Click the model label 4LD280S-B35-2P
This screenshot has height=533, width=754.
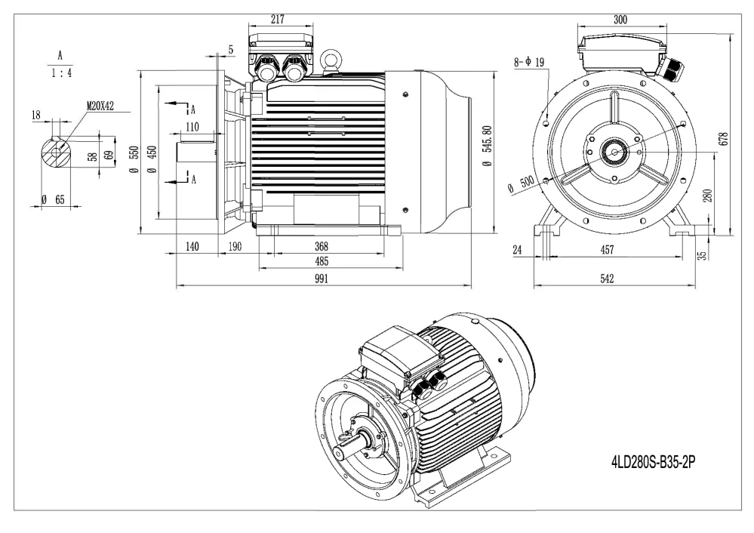coord(653,462)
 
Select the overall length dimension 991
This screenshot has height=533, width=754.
coord(322,279)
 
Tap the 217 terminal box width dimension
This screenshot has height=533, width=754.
coord(278,19)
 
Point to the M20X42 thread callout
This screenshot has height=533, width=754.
coord(100,106)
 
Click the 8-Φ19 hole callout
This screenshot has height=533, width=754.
coord(529,62)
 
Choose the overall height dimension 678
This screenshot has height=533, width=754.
coord(725,139)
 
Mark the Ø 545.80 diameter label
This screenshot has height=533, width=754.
coord(487,146)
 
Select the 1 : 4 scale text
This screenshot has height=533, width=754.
coord(61,73)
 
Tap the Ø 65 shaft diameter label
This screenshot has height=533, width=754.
coord(53,199)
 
